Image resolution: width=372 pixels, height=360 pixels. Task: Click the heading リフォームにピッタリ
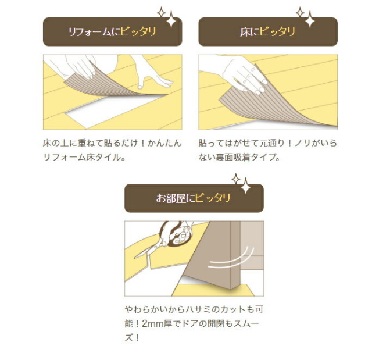pos(112,31)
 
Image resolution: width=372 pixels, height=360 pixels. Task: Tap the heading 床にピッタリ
pos(267,31)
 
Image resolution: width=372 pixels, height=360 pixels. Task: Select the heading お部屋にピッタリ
pos(194,198)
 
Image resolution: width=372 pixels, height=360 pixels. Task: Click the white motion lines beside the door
pos(231,259)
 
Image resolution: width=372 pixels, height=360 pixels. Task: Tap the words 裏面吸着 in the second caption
pos(233,157)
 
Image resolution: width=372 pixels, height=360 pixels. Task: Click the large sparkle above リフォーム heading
pos(171,20)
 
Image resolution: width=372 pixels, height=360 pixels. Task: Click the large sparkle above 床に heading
pos(310,20)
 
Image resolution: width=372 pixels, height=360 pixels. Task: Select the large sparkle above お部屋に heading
pos(246,186)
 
